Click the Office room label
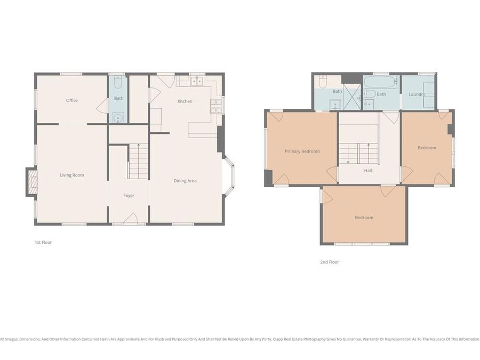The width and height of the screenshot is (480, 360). tap(72, 100)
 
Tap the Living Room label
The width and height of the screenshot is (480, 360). tap(71, 175)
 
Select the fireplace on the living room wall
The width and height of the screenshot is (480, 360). tap(32, 183)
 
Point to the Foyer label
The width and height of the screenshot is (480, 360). tap(129, 195)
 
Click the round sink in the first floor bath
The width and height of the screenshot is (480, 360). tap(118, 117)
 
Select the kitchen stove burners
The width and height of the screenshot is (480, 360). tap(216, 106)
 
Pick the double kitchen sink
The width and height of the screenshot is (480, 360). tap(197, 82)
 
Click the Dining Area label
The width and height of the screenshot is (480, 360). tap(185, 181)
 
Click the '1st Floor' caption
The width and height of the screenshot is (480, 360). tap(43, 242)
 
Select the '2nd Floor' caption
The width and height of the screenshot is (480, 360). tap(330, 262)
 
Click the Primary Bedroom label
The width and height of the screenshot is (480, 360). tap(302, 151)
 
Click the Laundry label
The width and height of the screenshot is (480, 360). tap(417, 94)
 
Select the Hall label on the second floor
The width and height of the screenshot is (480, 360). tap(368, 171)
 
